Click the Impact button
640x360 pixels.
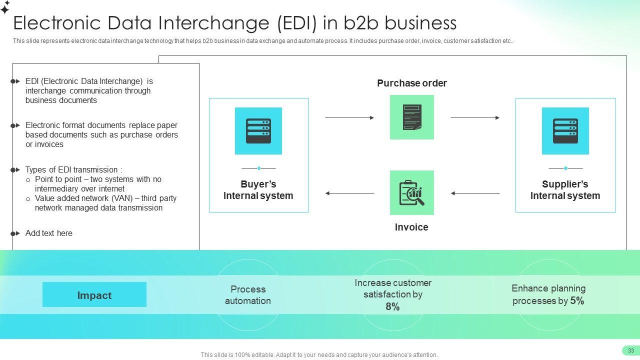coord(94,295)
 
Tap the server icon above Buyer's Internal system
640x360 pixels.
coord(258,131)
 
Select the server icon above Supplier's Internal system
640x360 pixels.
coord(565,131)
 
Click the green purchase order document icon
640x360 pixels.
coord(412,117)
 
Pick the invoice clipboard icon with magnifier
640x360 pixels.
coord(412,193)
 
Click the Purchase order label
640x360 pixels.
coord(412,83)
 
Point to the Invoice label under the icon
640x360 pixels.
coord(411,227)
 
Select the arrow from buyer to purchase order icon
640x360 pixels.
coord(349,118)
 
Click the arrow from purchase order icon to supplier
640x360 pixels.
coord(475,118)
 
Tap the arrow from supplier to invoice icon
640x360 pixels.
coord(475,193)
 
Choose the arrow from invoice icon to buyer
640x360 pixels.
coord(349,193)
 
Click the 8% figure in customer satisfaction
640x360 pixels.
coord(392,307)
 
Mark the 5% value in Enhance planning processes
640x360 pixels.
coord(577,300)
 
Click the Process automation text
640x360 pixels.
coord(248,295)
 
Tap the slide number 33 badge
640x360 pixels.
coord(631,350)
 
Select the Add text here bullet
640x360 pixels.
coord(49,233)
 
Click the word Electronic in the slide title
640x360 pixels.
coord(54,23)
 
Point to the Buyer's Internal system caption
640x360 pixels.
coord(258,190)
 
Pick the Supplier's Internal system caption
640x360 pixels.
coord(565,190)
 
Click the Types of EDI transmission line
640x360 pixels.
coord(73,169)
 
